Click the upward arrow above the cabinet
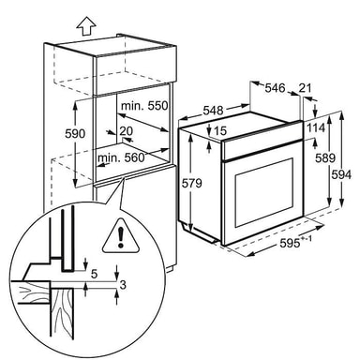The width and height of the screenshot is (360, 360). (x=85, y=26)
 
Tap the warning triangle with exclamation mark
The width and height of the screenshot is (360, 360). (x=120, y=235)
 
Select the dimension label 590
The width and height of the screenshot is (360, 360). (x=75, y=133)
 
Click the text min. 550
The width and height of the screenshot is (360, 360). (x=144, y=106)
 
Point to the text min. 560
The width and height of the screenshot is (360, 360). (x=121, y=157)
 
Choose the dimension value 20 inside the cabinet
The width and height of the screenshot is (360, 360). (x=127, y=131)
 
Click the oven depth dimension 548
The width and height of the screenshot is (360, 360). (x=214, y=111)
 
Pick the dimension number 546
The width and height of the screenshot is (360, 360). (x=275, y=88)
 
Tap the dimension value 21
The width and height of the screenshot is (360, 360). (x=305, y=88)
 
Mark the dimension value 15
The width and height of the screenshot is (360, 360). (x=220, y=130)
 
